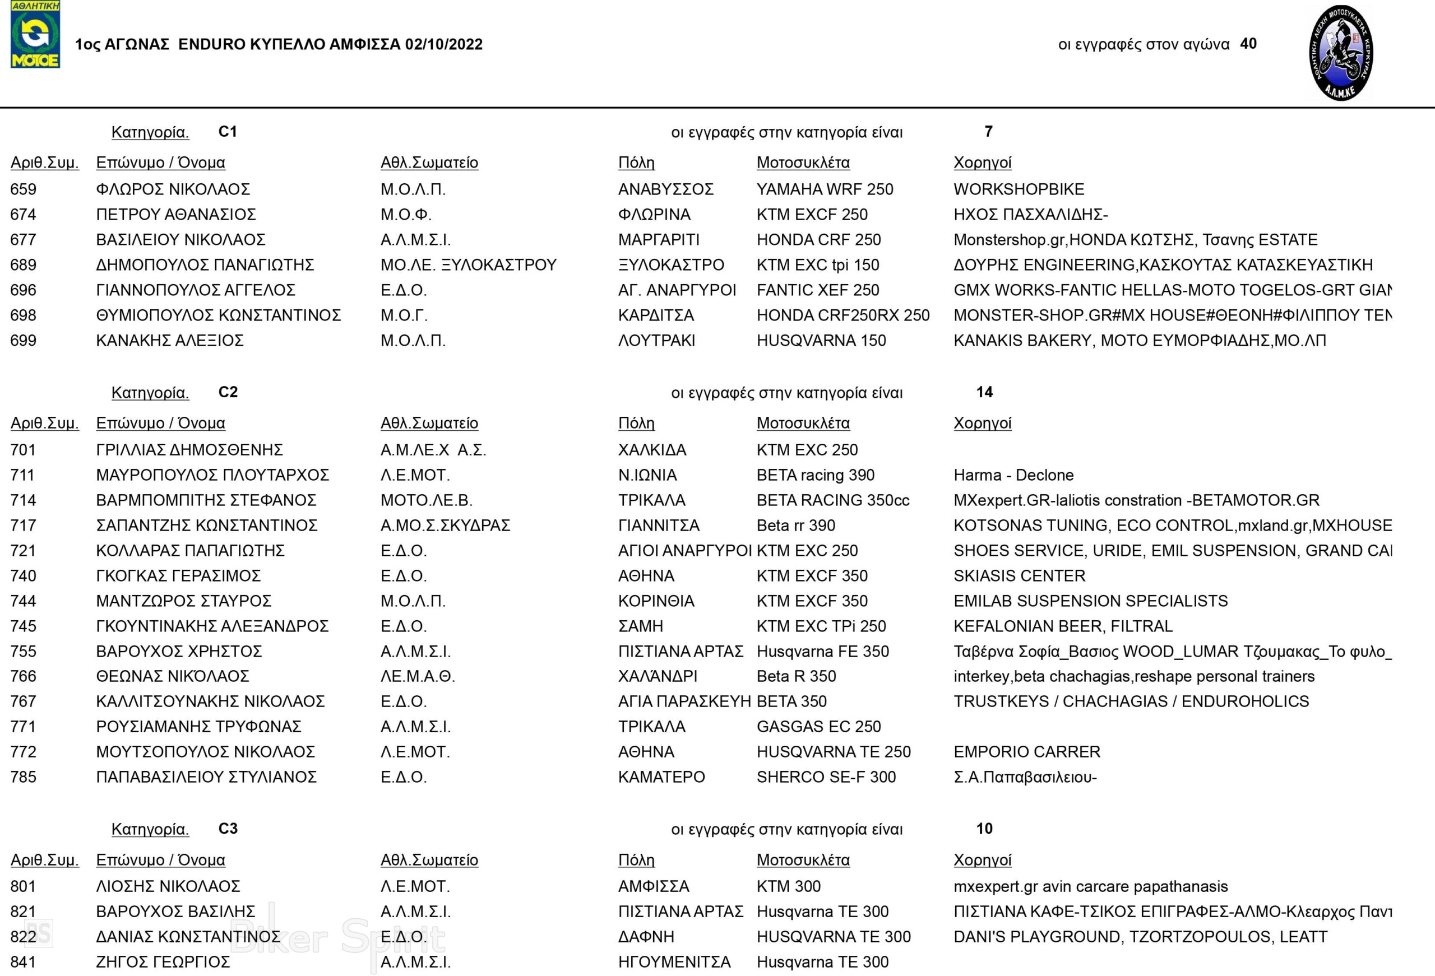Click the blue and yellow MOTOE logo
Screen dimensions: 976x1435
point(35,35)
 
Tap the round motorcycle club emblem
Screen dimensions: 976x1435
point(1340,53)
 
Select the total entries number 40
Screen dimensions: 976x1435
point(1248,44)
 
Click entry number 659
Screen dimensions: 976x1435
point(24,189)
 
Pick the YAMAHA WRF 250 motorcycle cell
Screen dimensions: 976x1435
point(825,189)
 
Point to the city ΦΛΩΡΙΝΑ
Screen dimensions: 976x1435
point(654,215)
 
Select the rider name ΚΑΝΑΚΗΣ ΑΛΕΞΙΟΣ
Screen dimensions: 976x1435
point(170,341)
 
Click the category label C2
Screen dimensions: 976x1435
point(228,393)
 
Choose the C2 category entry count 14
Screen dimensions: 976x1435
point(984,393)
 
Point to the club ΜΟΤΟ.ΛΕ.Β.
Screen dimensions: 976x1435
point(426,501)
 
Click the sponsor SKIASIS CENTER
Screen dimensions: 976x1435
point(1019,576)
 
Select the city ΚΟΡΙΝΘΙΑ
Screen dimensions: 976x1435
point(656,601)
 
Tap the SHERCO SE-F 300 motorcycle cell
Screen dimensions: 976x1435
point(826,777)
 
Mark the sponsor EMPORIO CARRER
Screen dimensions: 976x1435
point(1026,752)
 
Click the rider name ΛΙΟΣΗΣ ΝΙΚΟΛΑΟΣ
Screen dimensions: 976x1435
point(168,886)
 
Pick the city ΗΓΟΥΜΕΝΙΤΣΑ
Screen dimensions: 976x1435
point(674,962)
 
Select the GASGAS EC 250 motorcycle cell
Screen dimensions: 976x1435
point(818,727)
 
